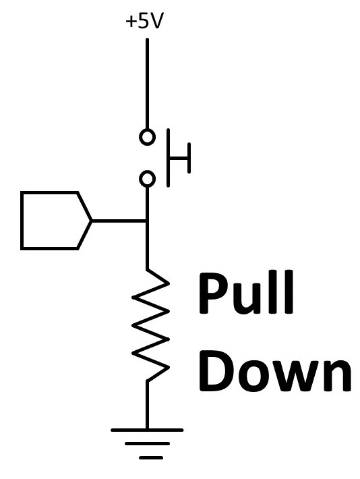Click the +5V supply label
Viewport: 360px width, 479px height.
click(143, 22)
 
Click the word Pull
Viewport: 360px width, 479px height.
click(246, 292)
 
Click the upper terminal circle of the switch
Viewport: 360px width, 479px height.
click(147, 136)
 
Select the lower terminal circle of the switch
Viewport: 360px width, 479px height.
click(147, 178)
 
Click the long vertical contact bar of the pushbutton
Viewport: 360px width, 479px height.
click(169, 158)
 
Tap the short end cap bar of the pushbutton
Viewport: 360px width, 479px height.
click(189, 158)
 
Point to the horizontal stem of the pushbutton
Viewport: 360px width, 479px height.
click(179, 158)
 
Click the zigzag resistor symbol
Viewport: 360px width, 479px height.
click(150, 325)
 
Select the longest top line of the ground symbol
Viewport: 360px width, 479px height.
click(147, 430)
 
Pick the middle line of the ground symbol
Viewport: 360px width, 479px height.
click(147, 443)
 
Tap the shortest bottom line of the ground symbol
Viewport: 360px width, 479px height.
click(151, 457)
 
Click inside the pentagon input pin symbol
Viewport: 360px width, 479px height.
click(52, 221)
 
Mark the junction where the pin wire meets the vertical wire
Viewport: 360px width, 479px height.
click(147, 221)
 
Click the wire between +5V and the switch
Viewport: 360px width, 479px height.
click(147, 84)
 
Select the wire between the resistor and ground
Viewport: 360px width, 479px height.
click(147, 405)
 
